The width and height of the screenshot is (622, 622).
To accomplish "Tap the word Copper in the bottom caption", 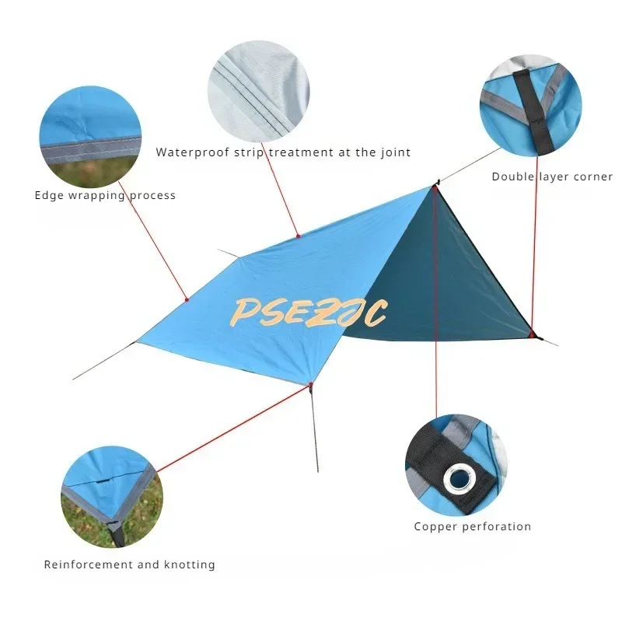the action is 435,526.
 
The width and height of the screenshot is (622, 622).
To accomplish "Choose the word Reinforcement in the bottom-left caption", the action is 88,564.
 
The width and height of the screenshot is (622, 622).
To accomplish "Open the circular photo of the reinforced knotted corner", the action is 113,496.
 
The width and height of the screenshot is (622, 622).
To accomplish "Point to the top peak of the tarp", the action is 432,186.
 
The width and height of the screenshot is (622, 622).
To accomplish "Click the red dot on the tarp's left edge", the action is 187,299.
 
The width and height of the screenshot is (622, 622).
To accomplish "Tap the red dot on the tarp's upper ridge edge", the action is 298,236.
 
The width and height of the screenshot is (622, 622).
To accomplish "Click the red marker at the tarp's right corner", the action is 533,335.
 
